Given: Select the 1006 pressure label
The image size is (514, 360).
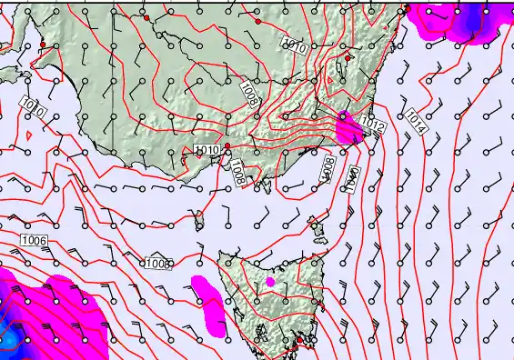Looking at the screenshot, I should tap(33, 240).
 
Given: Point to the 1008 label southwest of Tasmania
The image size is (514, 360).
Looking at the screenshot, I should tap(157, 264).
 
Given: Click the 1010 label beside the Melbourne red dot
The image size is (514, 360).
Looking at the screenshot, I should tap(207, 150).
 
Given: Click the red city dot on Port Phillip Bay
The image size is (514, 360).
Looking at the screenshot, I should tap(227, 147).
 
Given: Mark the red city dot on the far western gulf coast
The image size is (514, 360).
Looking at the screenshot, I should tap(43, 45).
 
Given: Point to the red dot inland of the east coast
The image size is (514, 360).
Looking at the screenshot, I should tap(348, 58).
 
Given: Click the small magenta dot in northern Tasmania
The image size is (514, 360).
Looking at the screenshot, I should tap(270, 282).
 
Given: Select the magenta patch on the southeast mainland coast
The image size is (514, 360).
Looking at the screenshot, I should tap(348, 128).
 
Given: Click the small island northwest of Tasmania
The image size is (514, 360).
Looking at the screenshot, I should tap(199, 218).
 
